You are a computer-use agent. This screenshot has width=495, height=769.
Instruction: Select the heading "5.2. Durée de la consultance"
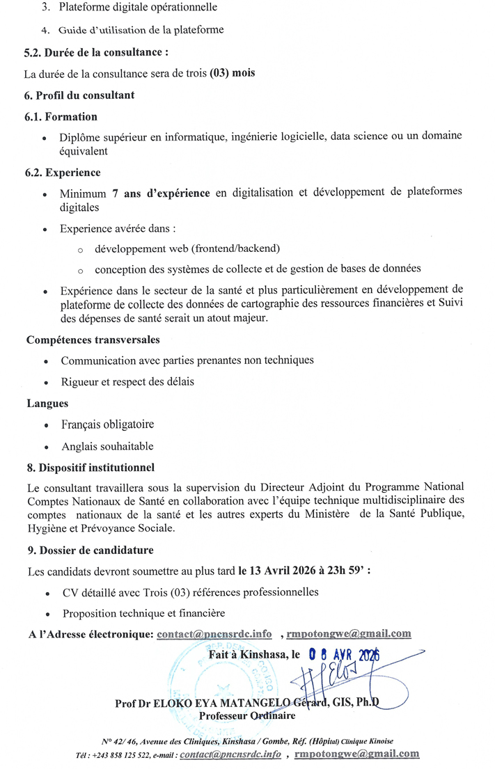coord(96,52)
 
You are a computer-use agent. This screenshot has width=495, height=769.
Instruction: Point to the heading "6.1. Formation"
coord(61,116)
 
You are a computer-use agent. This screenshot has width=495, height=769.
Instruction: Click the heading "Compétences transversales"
coord(93,340)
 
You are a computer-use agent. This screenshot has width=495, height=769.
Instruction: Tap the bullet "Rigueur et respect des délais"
coord(127,381)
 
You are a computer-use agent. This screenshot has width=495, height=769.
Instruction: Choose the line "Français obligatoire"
coord(107,424)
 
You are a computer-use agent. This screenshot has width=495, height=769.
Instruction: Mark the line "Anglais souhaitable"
coord(107,445)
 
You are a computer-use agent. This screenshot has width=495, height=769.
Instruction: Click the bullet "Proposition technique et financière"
coord(143,613)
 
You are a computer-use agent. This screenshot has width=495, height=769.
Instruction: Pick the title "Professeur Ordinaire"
coord(246,715)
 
